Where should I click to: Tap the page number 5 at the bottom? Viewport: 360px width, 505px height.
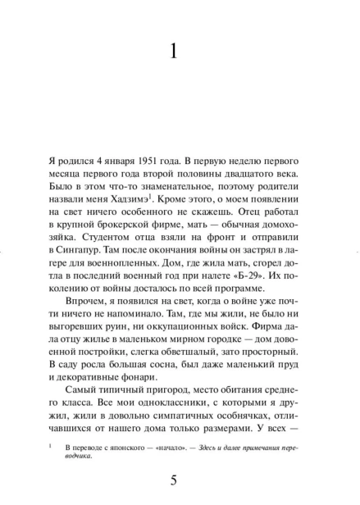point(173,480)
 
